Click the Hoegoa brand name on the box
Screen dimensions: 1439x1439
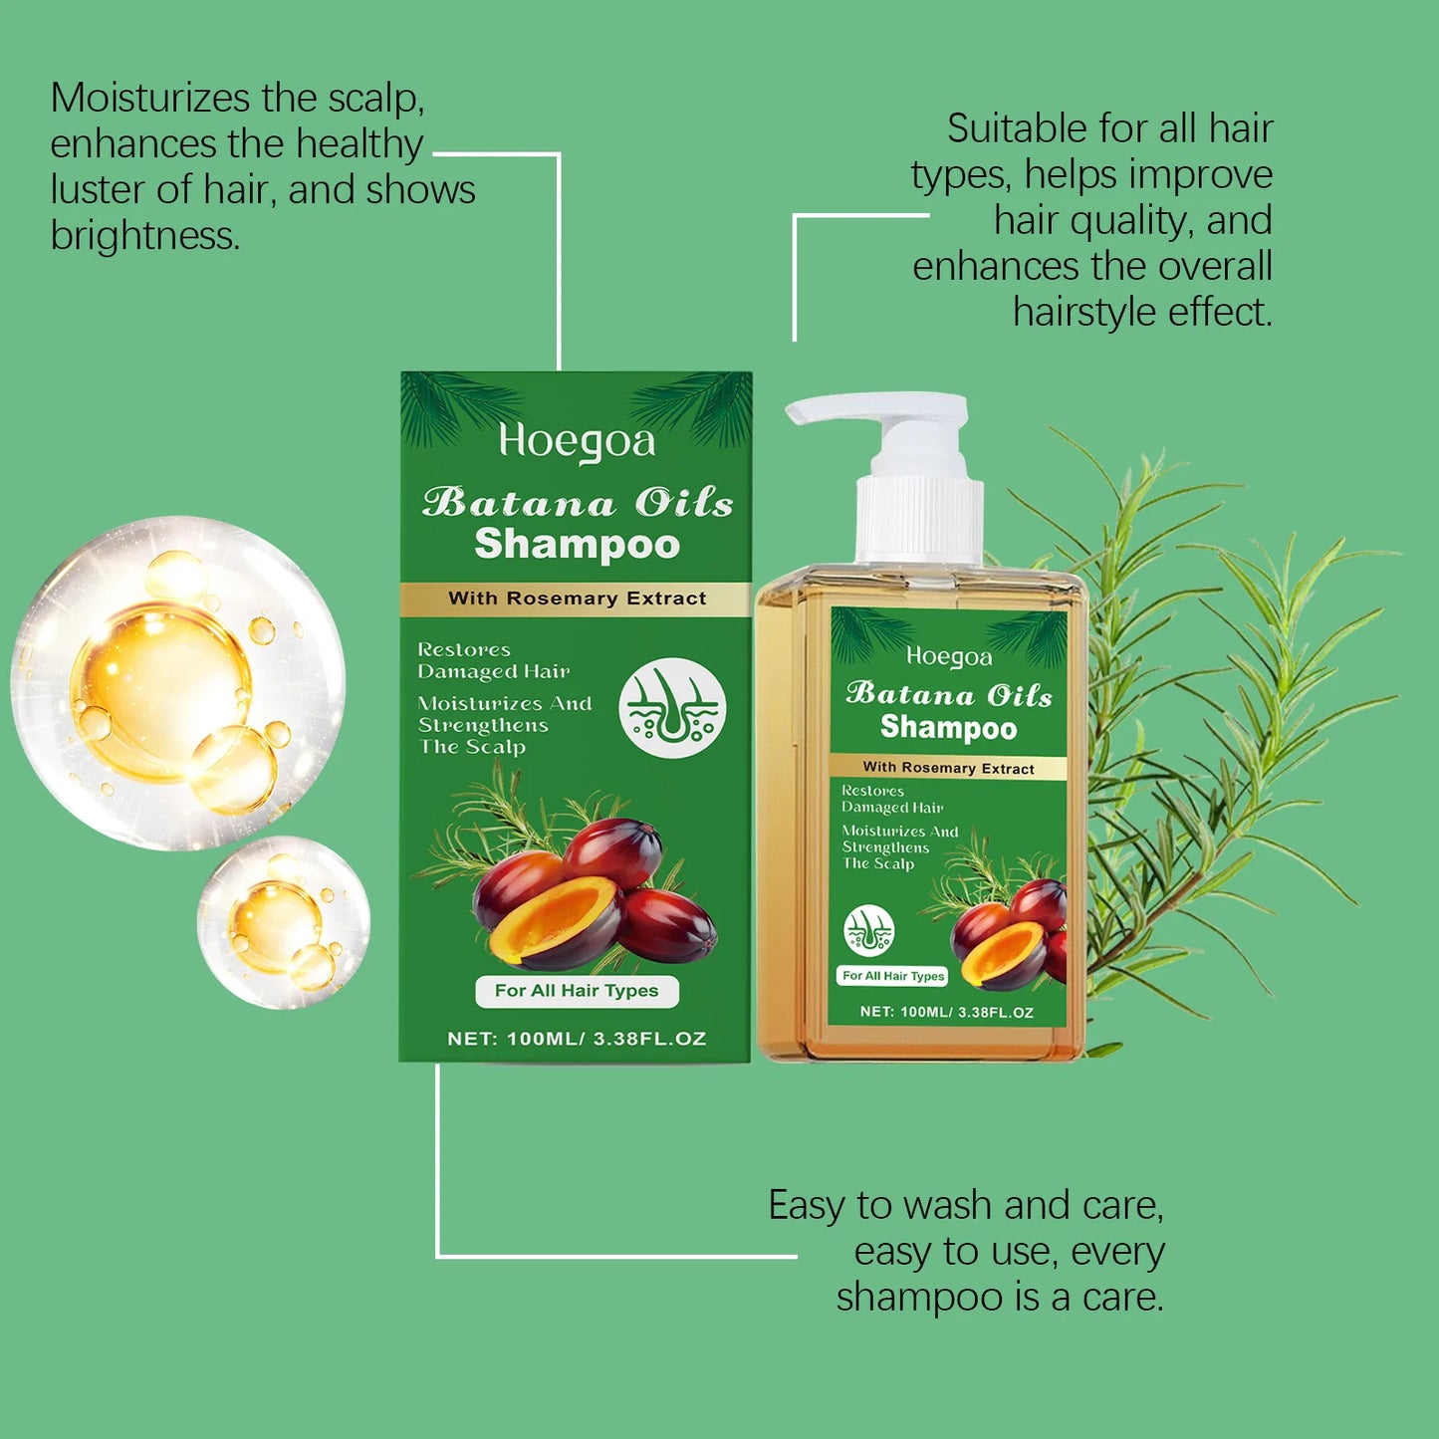577,442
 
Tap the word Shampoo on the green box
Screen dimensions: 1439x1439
577,545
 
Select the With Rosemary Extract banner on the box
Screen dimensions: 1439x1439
577,599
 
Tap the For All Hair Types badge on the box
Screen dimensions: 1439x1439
577,991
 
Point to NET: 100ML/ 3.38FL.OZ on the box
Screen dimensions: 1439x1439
577,1039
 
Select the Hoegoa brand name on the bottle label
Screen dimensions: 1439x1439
949,657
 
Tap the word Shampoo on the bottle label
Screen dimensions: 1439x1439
948,728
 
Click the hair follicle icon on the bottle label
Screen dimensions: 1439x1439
868,931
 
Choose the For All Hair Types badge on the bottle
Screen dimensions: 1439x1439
893,976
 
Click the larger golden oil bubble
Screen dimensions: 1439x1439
177,683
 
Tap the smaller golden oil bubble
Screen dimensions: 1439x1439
284,922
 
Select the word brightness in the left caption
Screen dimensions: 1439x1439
144,236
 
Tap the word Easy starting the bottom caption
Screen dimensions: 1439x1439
806,1205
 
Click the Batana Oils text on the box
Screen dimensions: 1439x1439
577,502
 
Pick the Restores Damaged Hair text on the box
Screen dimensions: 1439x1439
493,660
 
